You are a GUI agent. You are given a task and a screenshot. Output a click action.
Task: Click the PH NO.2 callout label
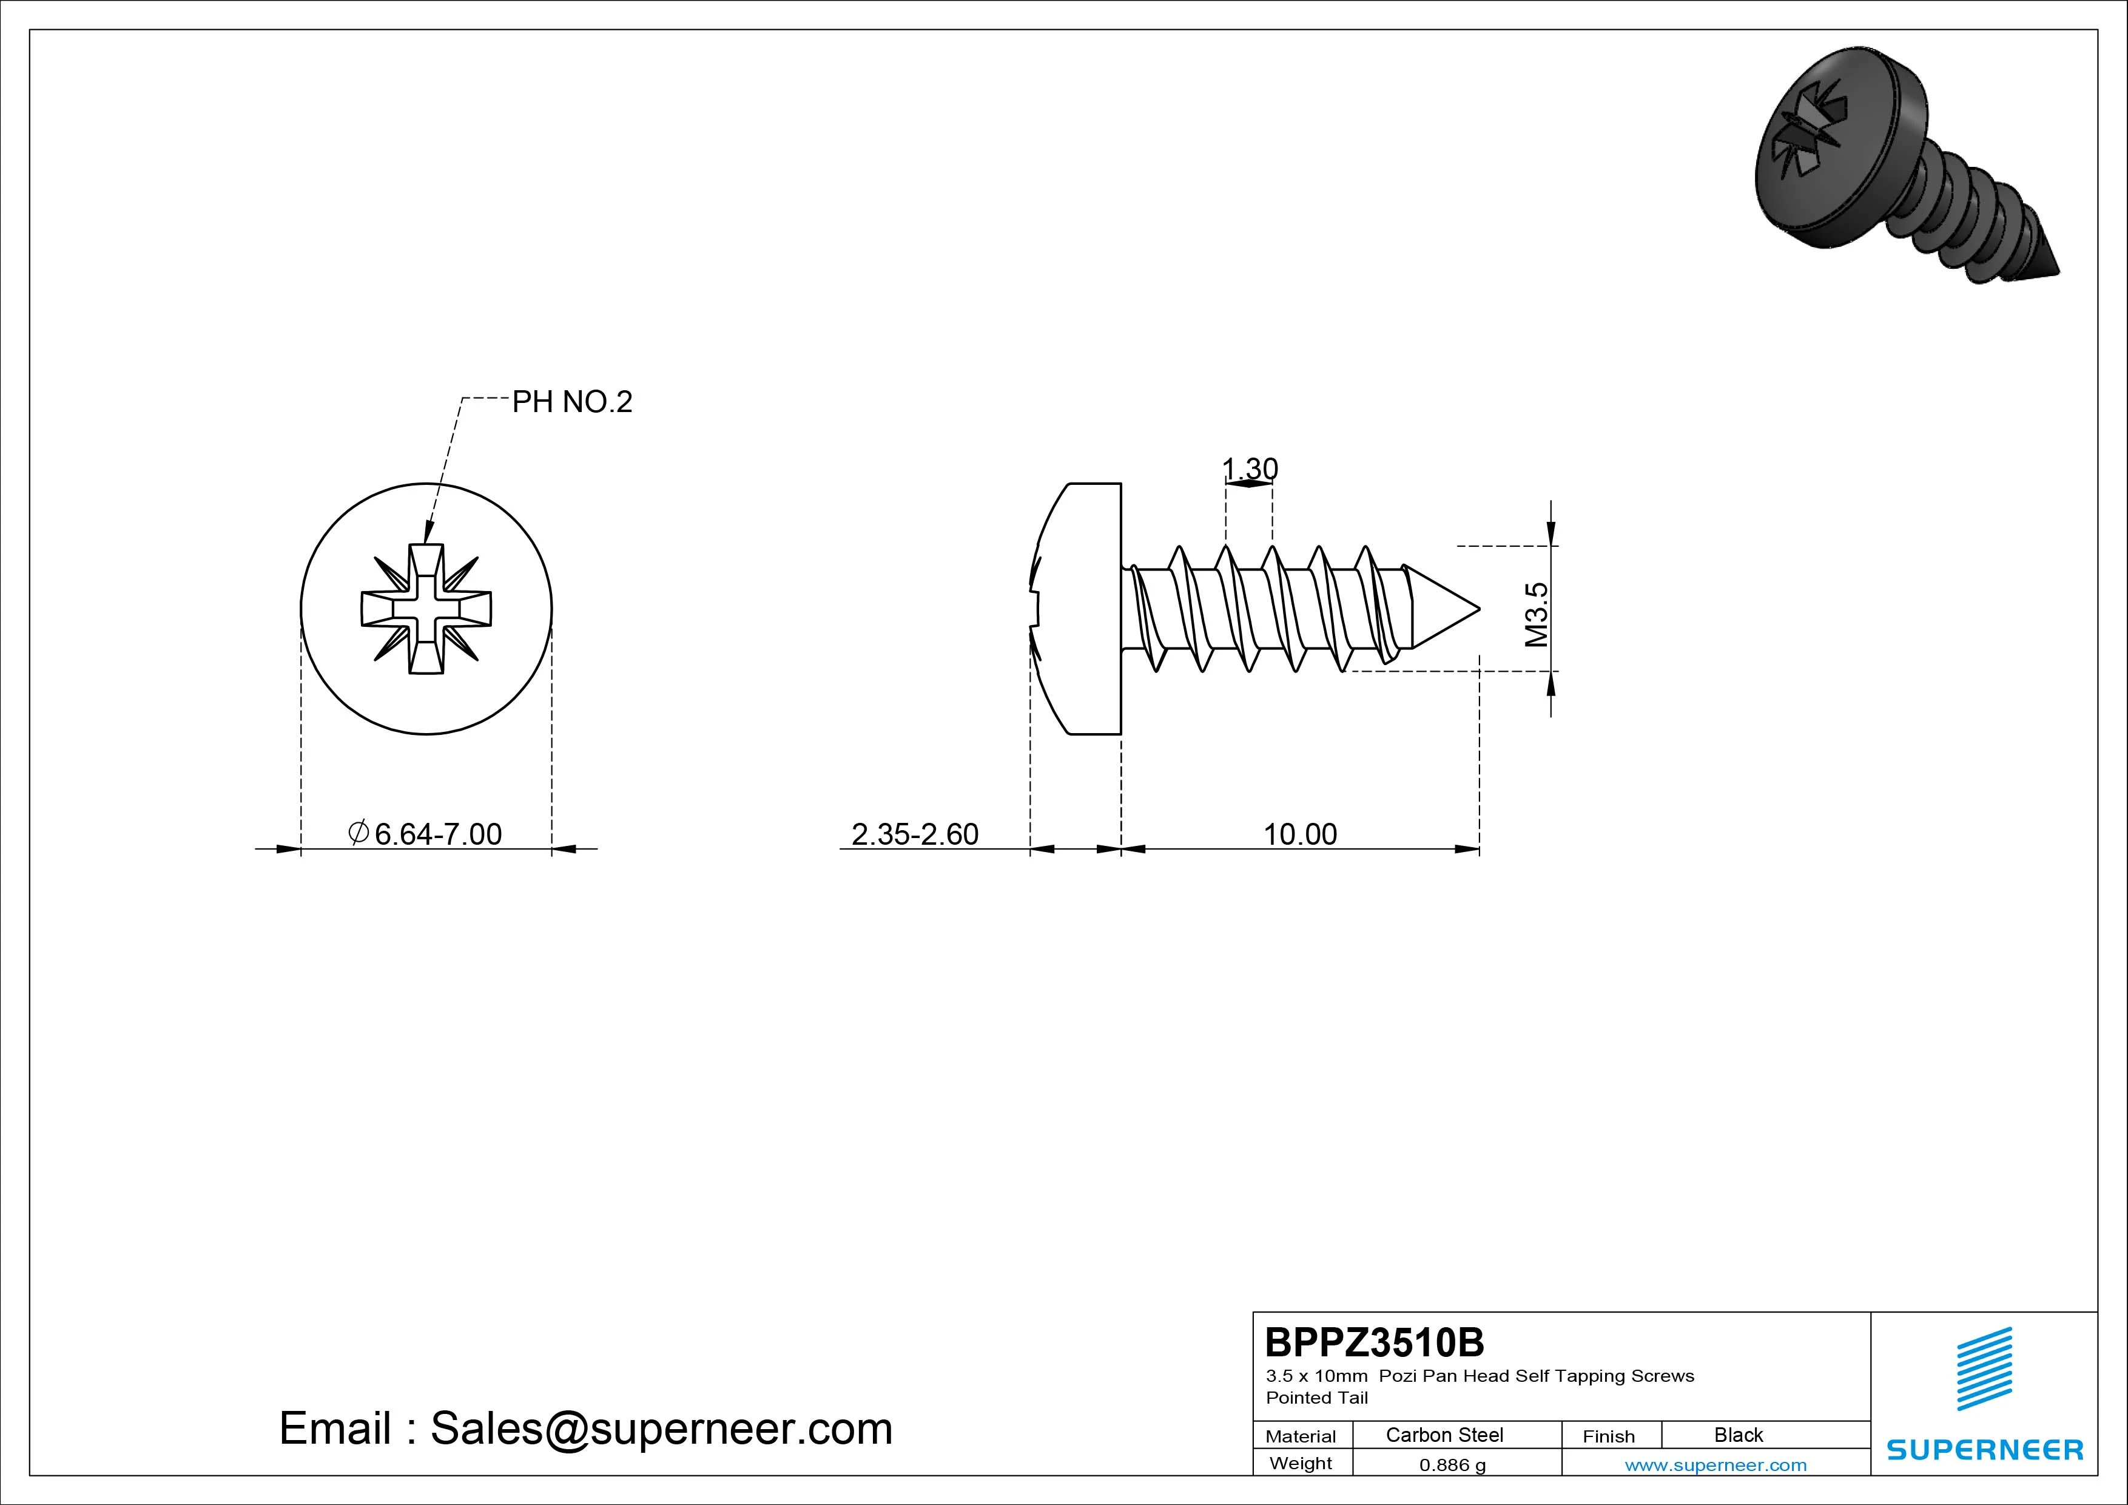coord(572,402)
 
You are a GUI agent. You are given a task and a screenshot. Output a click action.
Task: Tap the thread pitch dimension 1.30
coord(1250,469)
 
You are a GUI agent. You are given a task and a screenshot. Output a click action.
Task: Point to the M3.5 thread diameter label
coord(1536,614)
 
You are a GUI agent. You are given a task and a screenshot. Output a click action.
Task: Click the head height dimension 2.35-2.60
coord(915,834)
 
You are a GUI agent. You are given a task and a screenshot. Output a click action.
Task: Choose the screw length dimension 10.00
coord(1301,834)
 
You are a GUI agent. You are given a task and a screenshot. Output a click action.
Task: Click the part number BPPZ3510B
coord(1375,1342)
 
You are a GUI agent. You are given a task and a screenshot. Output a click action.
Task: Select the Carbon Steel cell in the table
coord(1444,1435)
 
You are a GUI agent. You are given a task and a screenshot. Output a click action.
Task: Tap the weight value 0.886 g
coord(1452,1465)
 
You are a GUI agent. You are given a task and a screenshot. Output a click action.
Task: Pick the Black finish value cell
coord(1739,1435)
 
